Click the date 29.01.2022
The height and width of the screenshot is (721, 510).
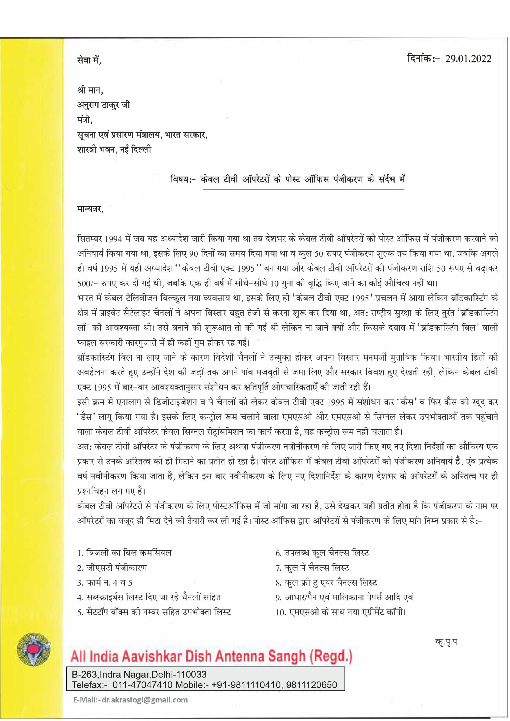[468, 59]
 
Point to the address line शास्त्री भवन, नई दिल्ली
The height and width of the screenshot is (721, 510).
[114, 150]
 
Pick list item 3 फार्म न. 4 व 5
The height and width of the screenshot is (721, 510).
[105, 583]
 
